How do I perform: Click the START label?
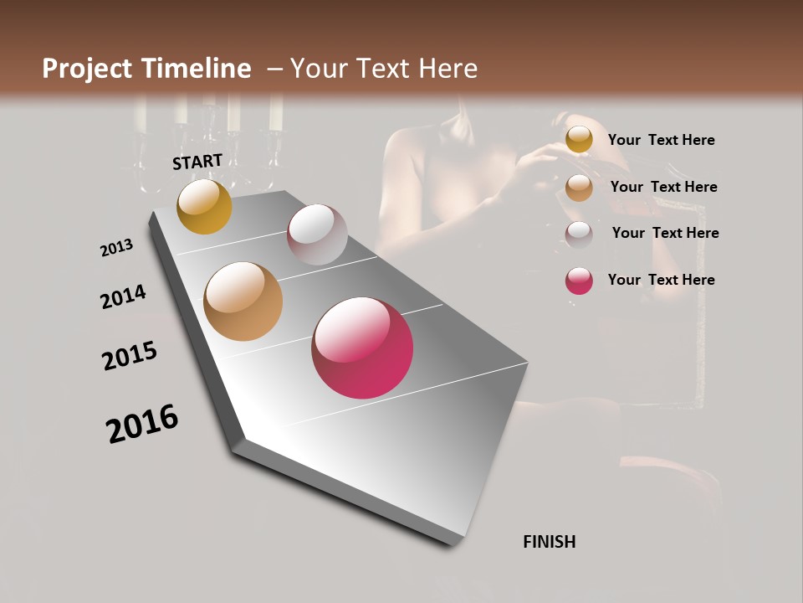point(197,162)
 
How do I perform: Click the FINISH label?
point(549,542)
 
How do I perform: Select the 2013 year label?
point(117,248)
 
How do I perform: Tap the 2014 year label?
point(124,296)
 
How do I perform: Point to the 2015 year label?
point(130,356)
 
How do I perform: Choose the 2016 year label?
point(142,424)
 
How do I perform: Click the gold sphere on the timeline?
point(204,206)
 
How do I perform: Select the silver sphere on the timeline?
point(317,234)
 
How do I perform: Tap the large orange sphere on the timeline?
point(243,301)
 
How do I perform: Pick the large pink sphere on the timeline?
point(362,348)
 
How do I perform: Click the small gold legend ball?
point(579,140)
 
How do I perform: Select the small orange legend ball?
point(579,188)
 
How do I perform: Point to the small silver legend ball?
point(579,234)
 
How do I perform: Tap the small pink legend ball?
point(579,281)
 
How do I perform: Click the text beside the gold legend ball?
point(661,140)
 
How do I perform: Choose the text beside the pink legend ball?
point(661,280)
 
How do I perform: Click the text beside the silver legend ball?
point(665,233)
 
